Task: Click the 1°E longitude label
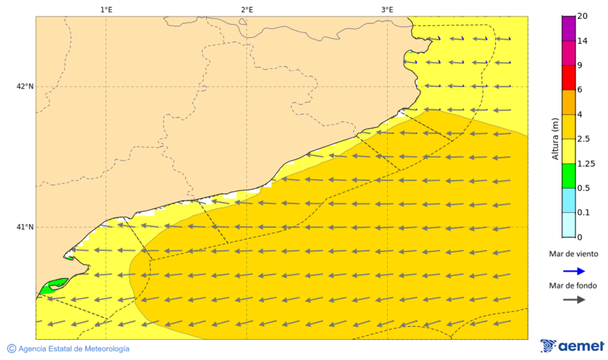tap(106, 9)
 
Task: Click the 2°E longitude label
tap(247, 9)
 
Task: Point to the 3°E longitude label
tap(387, 9)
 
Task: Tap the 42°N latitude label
tap(25, 86)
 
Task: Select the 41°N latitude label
tap(25, 227)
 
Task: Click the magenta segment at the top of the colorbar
tap(568, 28)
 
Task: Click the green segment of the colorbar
tap(568, 176)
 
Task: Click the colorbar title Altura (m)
tap(555, 138)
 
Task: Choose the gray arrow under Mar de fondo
tap(574, 300)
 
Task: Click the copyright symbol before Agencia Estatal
tap(11, 349)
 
